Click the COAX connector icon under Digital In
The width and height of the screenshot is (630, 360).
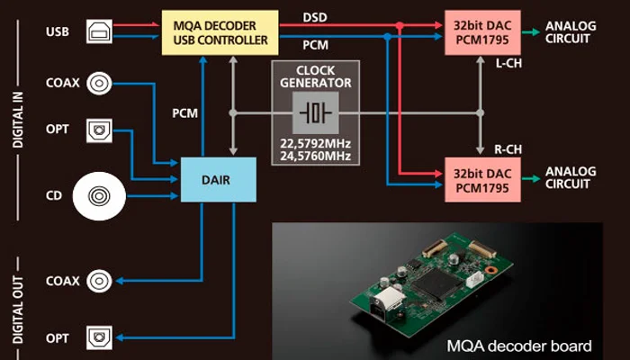[100, 84]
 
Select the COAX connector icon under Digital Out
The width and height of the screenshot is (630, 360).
[100, 280]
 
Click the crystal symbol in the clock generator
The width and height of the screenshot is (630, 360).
[315, 114]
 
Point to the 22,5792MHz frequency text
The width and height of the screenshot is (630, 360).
[315, 143]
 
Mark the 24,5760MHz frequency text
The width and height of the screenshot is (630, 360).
[315, 157]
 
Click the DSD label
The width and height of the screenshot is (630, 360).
[315, 17]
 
